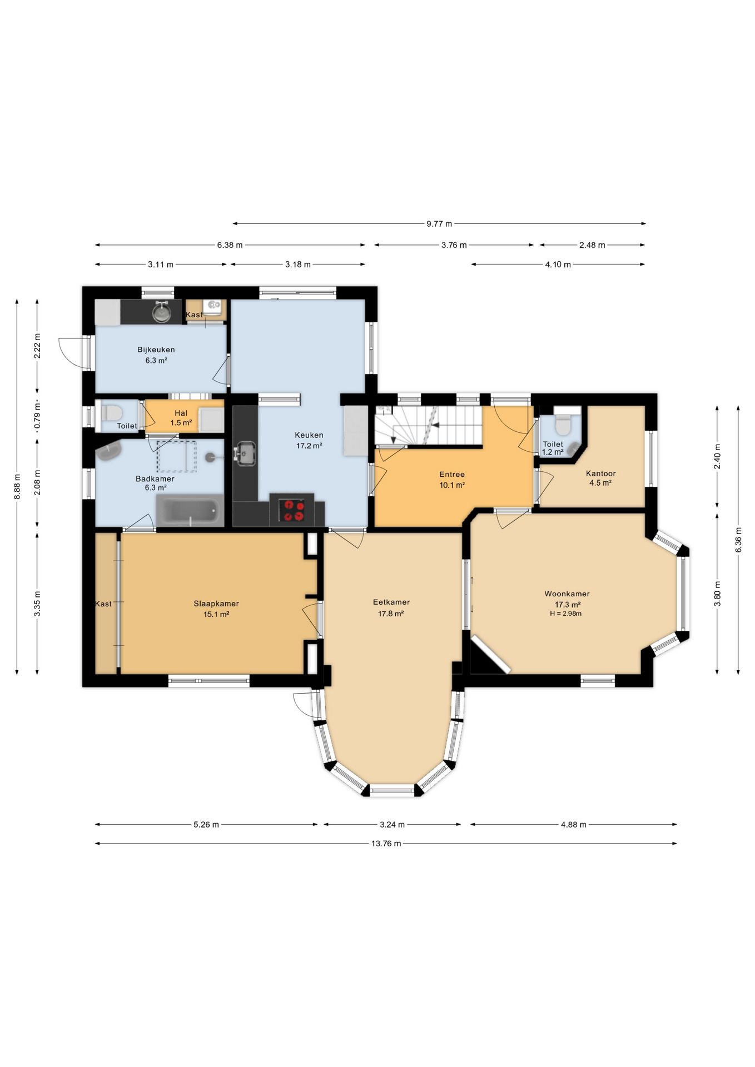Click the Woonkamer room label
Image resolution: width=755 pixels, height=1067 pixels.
tap(567, 594)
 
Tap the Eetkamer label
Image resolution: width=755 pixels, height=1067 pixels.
tap(391, 602)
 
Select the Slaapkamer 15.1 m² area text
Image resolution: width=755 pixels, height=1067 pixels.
tap(216, 614)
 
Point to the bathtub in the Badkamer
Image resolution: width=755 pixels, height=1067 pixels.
tap(190, 511)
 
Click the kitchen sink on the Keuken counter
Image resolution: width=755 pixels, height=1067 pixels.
tap(245, 453)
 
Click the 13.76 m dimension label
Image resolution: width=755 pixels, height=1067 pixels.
tap(386, 843)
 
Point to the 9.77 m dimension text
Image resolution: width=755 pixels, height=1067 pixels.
tap(439, 223)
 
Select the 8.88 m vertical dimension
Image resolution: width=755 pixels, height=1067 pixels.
tap(17, 486)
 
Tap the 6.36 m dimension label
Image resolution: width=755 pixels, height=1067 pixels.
tap(738, 539)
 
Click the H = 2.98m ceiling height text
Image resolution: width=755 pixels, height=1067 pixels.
tap(566, 614)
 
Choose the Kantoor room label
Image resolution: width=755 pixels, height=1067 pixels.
tap(601, 473)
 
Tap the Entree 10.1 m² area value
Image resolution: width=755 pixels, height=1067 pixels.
tap(452, 485)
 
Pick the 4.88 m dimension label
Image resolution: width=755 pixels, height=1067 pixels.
tap(574, 824)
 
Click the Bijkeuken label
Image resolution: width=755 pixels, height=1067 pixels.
tap(156, 350)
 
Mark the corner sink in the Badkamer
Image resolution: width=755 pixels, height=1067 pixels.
tap(110, 452)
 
